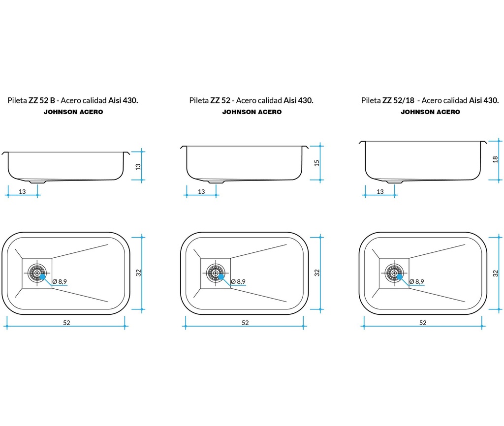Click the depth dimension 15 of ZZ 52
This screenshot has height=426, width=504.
317,163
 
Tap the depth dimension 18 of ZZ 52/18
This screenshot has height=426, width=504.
495,159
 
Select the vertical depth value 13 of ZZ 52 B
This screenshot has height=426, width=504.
138,167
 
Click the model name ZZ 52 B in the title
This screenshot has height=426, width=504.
42,100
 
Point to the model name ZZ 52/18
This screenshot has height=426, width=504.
398,100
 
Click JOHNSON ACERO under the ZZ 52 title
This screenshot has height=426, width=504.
252,112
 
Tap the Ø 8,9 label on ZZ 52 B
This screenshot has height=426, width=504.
60,281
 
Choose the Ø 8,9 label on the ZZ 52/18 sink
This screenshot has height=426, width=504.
416,281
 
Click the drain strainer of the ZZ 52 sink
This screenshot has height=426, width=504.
216,273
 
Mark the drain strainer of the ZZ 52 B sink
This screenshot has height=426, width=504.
37,273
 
